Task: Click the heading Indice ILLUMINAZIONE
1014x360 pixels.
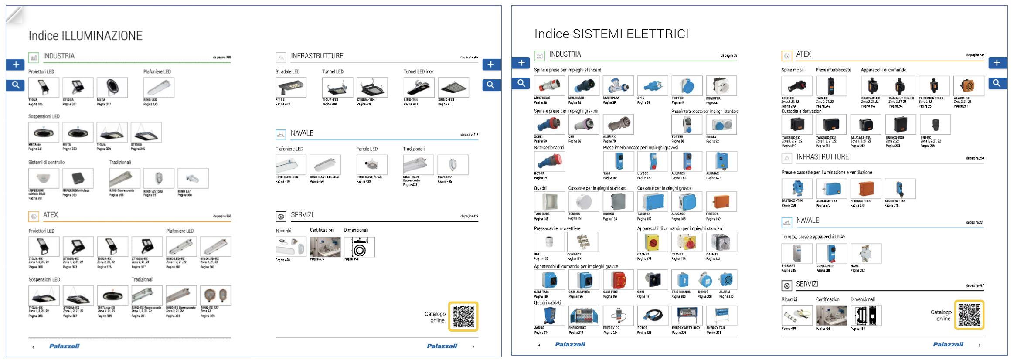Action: pos(85,36)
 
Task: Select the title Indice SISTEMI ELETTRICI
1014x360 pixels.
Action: pos(611,34)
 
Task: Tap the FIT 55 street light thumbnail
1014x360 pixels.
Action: pos(291,88)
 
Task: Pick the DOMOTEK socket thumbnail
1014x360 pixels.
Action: pos(721,86)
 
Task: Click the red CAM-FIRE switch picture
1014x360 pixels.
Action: pos(618,280)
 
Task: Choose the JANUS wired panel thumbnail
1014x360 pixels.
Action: pos(549,316)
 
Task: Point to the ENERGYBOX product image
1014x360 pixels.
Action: pos(584,316)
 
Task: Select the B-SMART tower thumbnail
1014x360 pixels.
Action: pos(797,254)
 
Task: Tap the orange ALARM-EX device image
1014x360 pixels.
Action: pos(969,86)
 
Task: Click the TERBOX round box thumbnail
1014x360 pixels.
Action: pos(584,202)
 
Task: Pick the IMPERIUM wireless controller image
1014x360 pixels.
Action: pos(78,178)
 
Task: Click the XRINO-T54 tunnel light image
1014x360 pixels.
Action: pos(453,88)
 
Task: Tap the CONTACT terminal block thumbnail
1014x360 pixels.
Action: pos(584,242)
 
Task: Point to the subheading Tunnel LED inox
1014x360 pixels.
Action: pos(419,71)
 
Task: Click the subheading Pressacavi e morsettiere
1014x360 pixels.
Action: pos(557,228)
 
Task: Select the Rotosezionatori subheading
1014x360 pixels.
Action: pos(549,148)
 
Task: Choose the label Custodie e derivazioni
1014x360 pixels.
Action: pos(802,111)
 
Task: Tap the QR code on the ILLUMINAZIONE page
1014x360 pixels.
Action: pos(463,316)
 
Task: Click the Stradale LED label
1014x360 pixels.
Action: pos(287,71)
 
